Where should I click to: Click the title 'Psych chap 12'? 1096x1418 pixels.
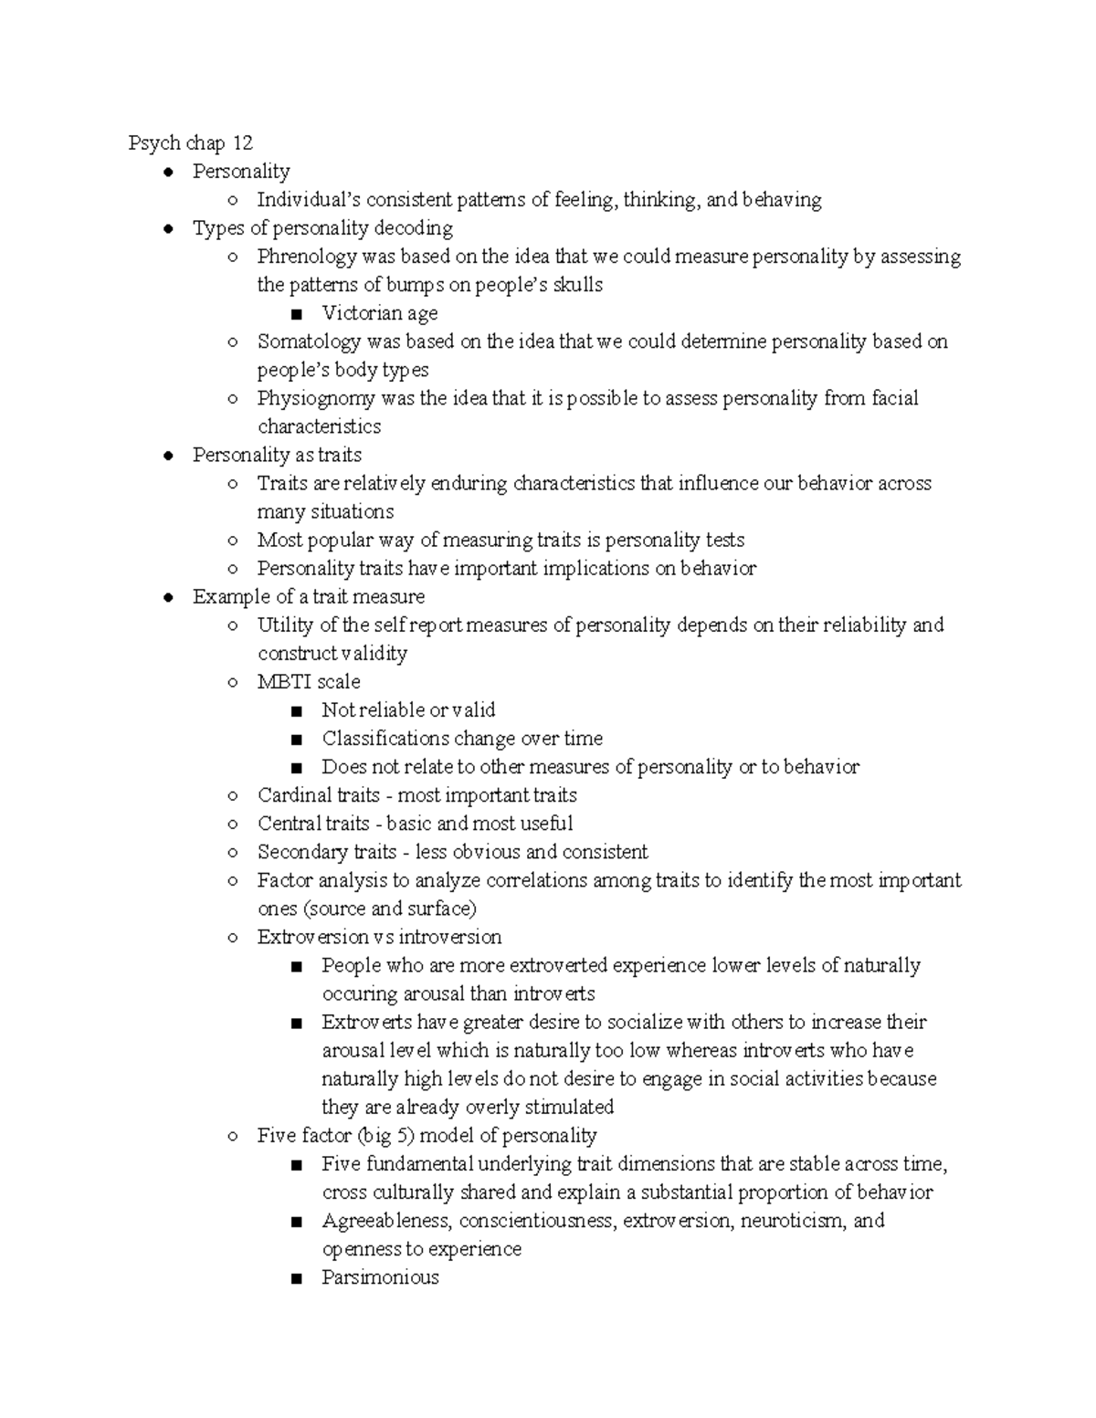coord(190,143)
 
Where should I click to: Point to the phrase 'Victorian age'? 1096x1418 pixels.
coord(379,313)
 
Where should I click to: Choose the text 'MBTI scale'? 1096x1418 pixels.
coord(309,681)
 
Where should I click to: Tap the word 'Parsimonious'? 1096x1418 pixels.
coord(380,1276)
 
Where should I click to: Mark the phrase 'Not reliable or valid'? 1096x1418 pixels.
coord(408,709)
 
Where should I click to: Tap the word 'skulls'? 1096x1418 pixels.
coord(574,285)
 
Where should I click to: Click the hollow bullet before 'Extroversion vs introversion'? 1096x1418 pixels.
coord(233,938)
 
